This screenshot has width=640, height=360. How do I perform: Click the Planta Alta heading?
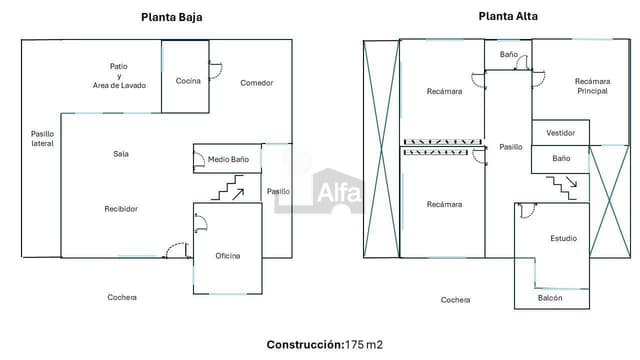(x=506, y=16)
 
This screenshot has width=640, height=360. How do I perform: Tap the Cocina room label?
(x=189, y=81)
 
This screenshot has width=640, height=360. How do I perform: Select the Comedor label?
(x=257, y=83)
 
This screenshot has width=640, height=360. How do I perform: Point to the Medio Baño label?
(x=228, y=159)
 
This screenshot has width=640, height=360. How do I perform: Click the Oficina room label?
(x=228, y=256)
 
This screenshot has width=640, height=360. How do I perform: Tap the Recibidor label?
(x=121, y=209)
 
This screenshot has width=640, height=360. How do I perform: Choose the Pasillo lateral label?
(x=42, y=138)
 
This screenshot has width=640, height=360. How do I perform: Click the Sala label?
(x=121, y=154)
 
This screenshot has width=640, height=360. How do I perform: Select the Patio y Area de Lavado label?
(x=119, y=75)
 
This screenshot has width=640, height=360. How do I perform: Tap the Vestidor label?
(x=560, y=133)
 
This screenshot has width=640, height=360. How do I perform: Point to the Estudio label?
(x=563, y=238)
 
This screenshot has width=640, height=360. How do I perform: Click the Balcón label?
(x=550, y=298)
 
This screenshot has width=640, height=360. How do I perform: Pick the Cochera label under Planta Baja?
(x=122, y=297)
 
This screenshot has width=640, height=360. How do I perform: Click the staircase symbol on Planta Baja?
(x=231, y=187)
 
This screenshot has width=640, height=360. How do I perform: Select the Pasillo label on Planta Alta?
(x=511, y=147)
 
